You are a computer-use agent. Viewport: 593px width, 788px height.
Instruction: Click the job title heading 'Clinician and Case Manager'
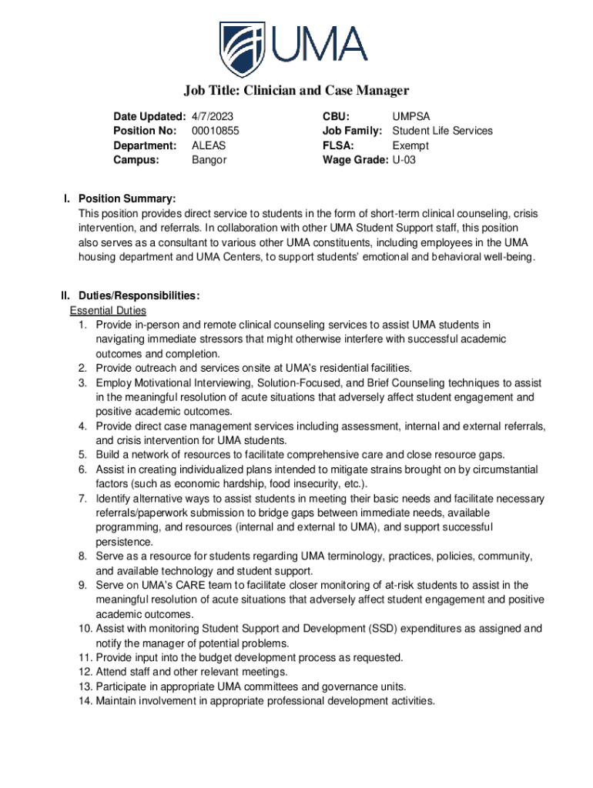point(296,91)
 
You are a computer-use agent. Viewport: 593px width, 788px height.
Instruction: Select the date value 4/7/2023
point(212,116)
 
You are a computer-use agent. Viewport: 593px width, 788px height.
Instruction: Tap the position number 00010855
point(215,131)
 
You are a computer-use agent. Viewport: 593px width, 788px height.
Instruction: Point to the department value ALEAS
point(209,145)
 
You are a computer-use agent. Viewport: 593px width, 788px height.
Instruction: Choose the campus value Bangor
point(209,160)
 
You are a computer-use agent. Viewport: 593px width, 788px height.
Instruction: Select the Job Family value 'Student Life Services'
point(442,131)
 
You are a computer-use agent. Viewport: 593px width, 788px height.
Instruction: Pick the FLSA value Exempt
point(410,145)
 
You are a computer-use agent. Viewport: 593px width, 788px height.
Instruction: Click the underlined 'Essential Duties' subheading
point(108,310)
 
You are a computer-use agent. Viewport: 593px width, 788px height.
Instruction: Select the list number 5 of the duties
point(82,455)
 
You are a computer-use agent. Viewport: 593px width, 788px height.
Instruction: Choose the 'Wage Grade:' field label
point(355,160)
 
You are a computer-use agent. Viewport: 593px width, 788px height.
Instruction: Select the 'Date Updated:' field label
point(149,116)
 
